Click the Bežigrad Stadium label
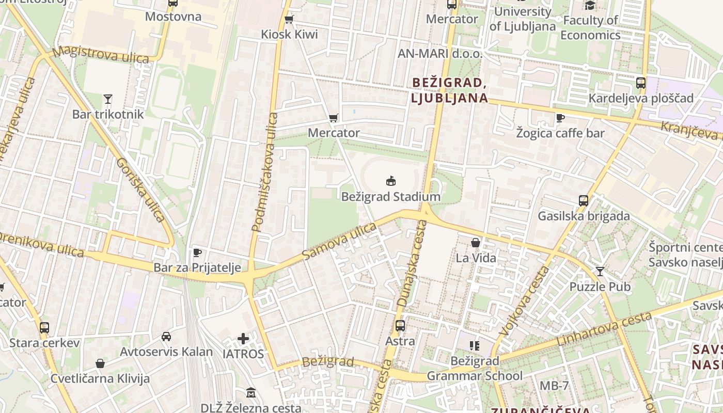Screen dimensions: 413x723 point(390,197)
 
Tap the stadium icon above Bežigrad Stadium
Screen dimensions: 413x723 point(391,181)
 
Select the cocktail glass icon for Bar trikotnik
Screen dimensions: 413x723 point(107,99)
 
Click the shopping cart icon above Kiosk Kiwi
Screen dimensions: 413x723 point(289,19)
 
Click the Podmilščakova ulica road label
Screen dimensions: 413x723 point(264,172)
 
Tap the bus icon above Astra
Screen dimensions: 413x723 point(400,326)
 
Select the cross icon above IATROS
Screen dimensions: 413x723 point(243,339)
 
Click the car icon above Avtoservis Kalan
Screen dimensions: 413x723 point(166,337)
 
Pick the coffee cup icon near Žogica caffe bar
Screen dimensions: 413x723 point(560,118)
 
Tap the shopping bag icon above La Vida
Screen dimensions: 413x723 point(476,242)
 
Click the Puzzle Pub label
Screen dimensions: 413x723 point(600,287)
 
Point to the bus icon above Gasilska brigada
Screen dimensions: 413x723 point(584,200)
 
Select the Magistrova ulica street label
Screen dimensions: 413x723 point(101,54)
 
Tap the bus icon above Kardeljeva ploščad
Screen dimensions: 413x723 point(641,83)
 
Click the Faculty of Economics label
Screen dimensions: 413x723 point(590,27)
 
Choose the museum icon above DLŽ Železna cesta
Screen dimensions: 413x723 point(251,393)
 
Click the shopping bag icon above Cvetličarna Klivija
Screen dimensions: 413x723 point(100,363)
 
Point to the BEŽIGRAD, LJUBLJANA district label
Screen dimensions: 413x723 point(449,90)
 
